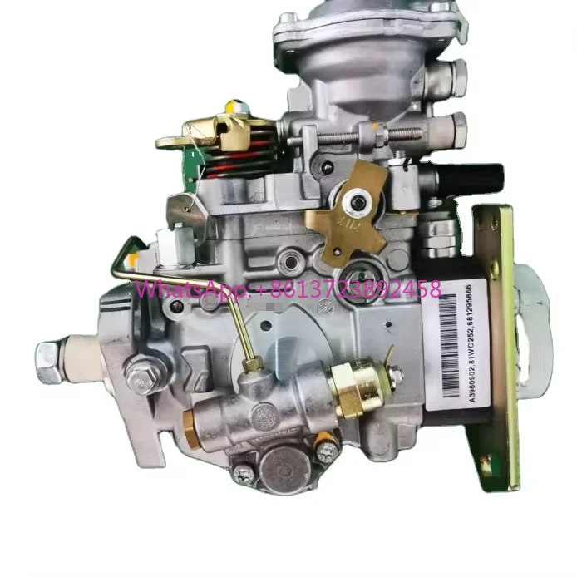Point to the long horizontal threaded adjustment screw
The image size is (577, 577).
point(366,134)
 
